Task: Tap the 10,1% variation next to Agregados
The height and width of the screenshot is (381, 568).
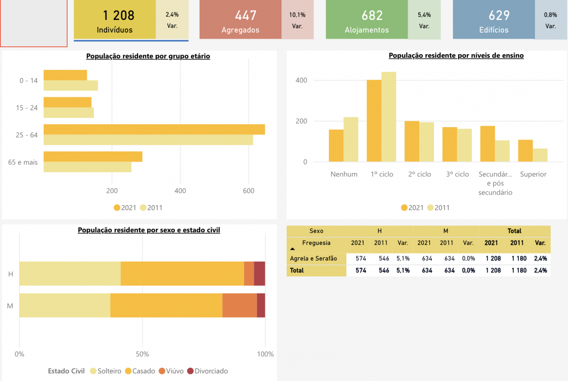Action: (297, 15)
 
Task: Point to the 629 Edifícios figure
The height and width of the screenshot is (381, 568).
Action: (499, 16)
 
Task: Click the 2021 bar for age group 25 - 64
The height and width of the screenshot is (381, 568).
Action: (154, 129)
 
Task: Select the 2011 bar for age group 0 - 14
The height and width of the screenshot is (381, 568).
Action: (71, 86)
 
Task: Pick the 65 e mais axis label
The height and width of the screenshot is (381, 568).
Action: (23, 162)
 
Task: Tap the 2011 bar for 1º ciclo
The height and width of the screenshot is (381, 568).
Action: (389, 117)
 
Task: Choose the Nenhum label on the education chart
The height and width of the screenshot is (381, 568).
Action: (344, 174)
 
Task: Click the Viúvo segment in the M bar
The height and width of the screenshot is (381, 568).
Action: (240, 305)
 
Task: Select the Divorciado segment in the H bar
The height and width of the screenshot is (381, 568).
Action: (260, 273)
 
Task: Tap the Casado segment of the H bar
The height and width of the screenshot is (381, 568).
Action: (182, 273)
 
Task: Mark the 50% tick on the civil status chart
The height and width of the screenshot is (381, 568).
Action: (142, 354)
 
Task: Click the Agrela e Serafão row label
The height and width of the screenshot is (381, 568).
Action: (313, 258)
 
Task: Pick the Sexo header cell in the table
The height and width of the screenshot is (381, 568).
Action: (316, 231)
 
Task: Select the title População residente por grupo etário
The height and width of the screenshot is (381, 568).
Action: (148, 56)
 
